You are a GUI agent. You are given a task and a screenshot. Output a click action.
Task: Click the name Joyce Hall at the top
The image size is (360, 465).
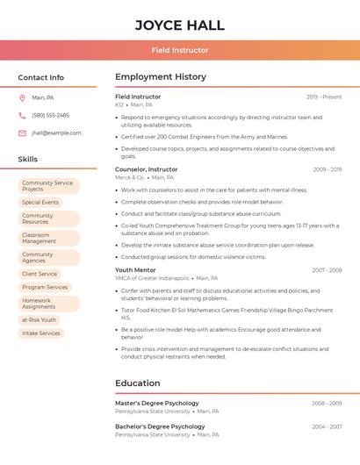[x=180, y=25]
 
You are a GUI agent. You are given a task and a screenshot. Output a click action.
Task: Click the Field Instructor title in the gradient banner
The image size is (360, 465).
[x=180, y=51]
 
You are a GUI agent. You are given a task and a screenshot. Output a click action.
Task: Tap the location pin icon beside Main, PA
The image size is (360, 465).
[x=22, y=97]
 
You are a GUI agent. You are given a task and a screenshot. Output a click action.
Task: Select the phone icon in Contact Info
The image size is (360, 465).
[x=22, y=115]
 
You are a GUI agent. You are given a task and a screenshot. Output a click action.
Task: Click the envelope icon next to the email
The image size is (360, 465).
[x=22, y=133]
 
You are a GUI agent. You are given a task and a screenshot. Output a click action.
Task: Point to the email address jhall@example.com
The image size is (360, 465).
[x=56, y=133]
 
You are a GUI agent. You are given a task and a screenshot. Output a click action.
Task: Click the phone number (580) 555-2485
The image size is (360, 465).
[x=50, y=115]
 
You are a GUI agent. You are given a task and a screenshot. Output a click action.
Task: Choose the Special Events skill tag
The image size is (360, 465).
[x=40, y=202]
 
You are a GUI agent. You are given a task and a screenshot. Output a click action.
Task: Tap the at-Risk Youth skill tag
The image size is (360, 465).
[x=40, y=319]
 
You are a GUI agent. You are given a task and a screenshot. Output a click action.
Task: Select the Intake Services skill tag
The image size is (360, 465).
[x=41, y=333]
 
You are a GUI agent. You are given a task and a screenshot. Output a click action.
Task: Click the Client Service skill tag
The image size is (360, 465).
[x=40, y=274]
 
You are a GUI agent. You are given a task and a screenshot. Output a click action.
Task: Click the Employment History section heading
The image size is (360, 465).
[x=161, y=77]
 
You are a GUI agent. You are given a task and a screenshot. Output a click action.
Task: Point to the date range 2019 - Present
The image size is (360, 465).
[x=324, y=97]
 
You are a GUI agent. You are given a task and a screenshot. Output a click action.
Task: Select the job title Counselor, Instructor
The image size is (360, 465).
[x=146, y=169]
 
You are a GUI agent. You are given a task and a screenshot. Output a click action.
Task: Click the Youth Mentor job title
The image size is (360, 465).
[x=135, y=270]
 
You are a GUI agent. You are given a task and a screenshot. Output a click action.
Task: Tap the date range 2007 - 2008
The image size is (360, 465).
[x=327, y=270]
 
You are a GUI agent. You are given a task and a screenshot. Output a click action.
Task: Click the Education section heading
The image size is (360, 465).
[x=138, y=383]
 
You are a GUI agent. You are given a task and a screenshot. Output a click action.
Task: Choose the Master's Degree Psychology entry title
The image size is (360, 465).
[x=157, y=403]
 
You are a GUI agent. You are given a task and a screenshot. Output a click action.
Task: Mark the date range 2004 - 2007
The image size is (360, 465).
[x=327, y=426]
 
